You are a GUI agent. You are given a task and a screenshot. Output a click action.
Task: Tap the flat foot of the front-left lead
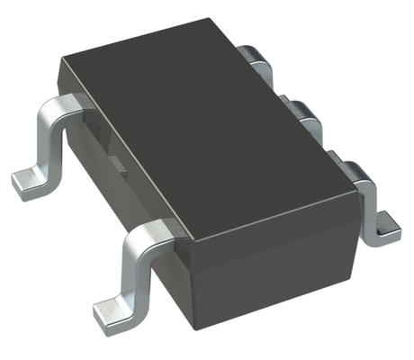tap(113, 311)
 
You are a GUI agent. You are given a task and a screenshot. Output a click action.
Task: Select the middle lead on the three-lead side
tap(306, 112)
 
